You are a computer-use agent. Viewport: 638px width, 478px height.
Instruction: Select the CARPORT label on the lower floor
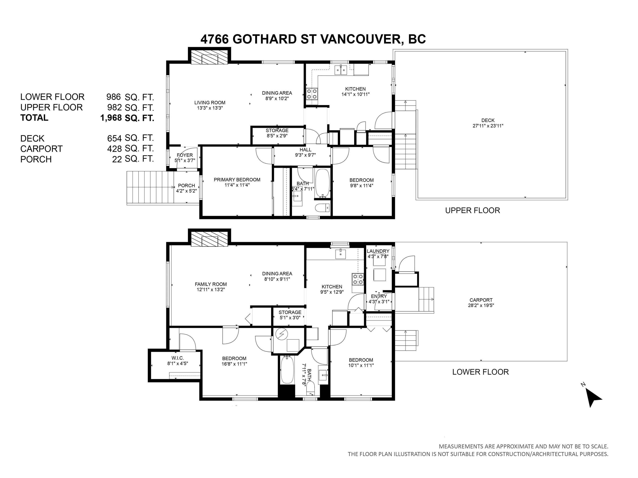coord(481,300)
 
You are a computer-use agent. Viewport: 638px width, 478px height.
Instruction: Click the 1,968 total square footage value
coord(111,118)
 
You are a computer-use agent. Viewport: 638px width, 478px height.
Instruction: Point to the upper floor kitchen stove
coord(312,94)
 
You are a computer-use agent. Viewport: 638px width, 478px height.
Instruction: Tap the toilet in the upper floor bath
coord(322,208)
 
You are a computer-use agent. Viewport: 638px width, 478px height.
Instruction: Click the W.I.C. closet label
coord(177,358)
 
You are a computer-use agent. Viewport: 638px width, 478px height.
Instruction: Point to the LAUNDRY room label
coord(378,251)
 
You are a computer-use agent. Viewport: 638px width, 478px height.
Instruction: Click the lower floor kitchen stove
coord(358,279)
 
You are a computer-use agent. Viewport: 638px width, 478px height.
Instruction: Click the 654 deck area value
coord(114,139)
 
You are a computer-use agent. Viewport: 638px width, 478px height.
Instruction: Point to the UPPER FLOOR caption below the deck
coord(472,210)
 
